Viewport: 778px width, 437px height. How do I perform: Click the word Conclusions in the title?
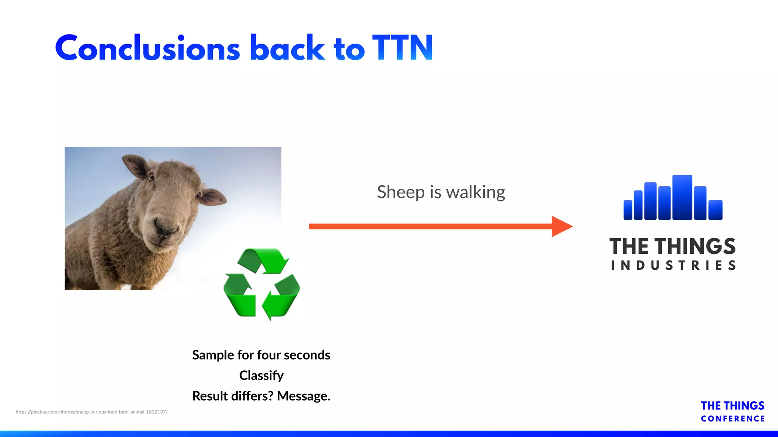click(x=147, y=48)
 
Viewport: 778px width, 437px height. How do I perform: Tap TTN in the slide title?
click(x=403, y=48)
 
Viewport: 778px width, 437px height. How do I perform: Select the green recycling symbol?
click(x=262, y=284)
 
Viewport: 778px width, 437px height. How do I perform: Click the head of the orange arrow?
click(x=561, y=226)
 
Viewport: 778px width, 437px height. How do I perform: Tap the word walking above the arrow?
click(x=475, y=192)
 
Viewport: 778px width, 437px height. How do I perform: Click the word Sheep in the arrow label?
click(x=400, y=192)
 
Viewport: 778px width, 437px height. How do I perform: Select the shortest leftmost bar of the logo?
click(x=628, y=210)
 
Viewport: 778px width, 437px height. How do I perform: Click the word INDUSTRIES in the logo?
click(x=673, y=265)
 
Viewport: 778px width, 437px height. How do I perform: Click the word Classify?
click(x=261, y=376)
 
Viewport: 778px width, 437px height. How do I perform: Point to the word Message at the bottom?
click(x=303, y=396)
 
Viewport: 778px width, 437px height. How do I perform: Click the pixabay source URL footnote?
click(x=92, y=412)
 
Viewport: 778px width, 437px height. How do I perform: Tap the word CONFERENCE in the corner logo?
click(x=732, y=419)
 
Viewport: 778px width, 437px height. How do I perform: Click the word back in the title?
click(x=287, y=48)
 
